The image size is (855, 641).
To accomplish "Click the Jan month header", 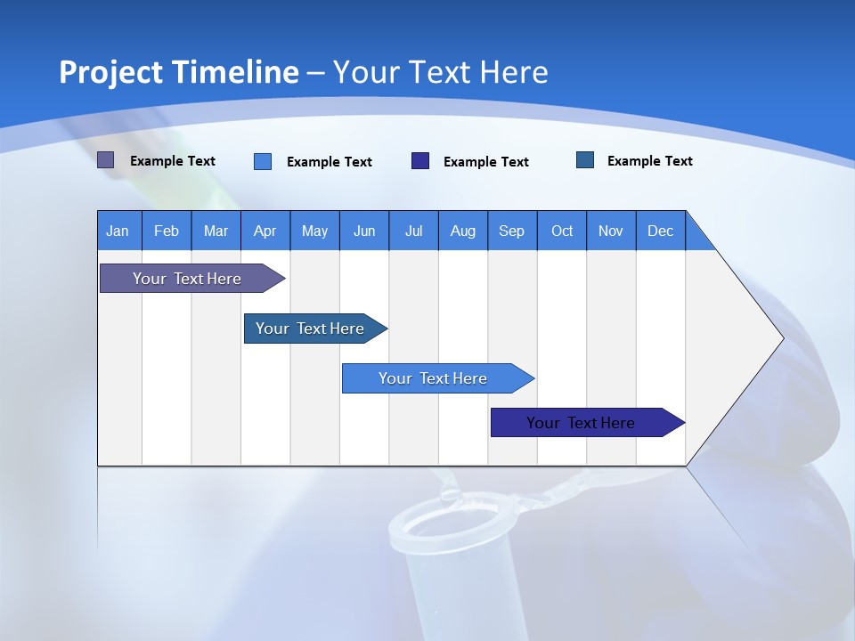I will [118, 231].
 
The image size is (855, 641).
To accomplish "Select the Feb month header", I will [167, 231].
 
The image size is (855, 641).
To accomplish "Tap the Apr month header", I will [265, 231].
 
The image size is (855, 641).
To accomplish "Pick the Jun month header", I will [364, 231].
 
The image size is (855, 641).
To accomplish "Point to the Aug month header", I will [462, 231].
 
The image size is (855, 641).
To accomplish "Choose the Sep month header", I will [511, 231].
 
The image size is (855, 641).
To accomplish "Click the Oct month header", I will [562, 231].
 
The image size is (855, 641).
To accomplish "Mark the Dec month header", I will [660, 231].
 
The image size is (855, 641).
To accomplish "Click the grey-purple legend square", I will [106, 160].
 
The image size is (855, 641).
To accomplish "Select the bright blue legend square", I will [263, 161].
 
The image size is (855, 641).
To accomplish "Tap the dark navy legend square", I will [420, 161].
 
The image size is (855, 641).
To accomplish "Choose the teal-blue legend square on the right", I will [585, 160].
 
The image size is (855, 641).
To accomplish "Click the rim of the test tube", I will [436, 513].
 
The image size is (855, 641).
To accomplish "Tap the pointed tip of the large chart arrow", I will [781, 338].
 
